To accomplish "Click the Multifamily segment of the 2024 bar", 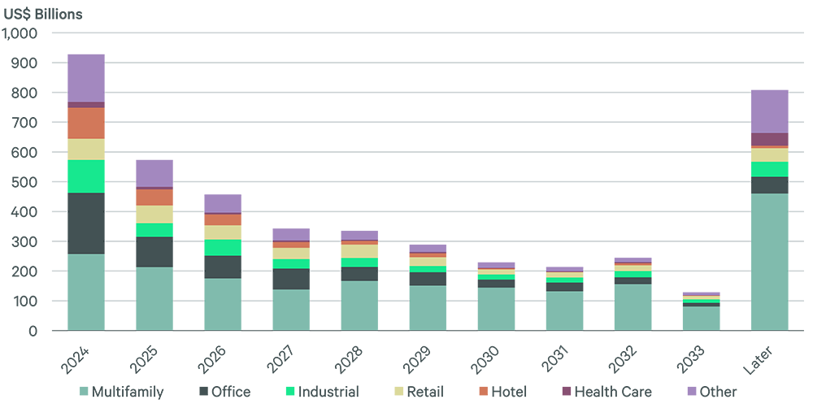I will point(85,292).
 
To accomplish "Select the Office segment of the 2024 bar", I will point(85,224).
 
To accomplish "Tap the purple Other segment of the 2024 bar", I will point(85,78).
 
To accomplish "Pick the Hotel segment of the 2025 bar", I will point(154,197).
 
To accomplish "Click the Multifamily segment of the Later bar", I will point(768,262).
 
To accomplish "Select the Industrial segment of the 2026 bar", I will point(222,247).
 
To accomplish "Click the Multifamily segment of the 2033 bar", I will point(700,318).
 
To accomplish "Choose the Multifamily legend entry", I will point(121,392).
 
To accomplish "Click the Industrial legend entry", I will point(320,392).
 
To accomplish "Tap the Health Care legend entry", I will point(606,392).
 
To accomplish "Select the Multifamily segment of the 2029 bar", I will point(427,308).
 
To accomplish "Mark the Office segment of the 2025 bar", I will point(154,252).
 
